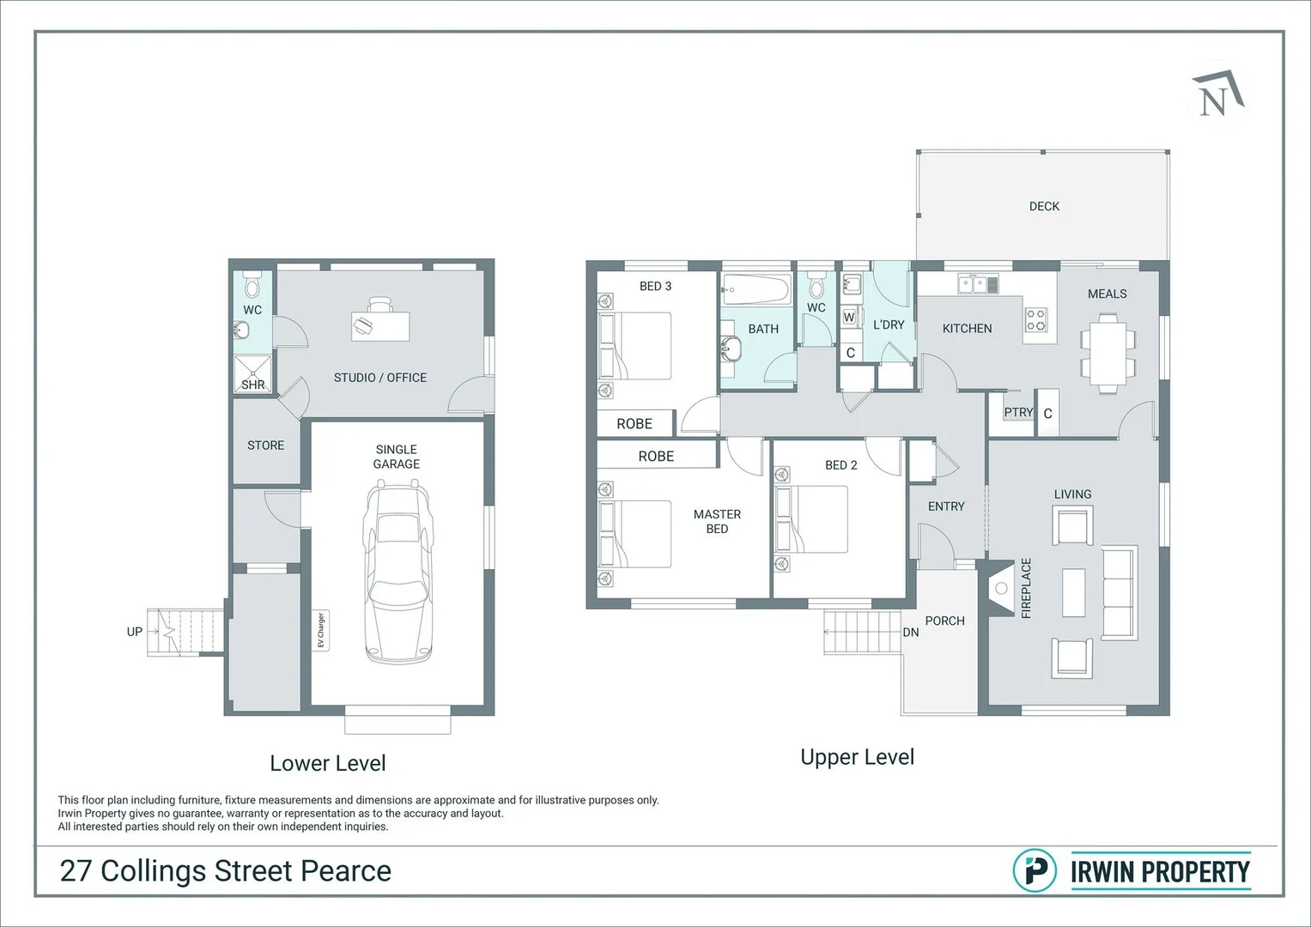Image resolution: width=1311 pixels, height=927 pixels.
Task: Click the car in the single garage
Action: pyautogui.click(x=397, y=571)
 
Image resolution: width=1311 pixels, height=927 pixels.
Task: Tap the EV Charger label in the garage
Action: pyautogui.click(x=321, y=630)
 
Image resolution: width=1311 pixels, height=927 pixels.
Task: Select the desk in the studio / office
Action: pyautogui.click(x=380, y=326)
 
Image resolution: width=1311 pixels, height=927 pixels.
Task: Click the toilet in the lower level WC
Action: pyautogui.click(x=252, y=284)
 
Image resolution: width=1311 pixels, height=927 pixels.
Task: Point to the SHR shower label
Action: pyautogui.click(x=252, y=385)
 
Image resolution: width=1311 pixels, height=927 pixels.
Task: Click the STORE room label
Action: pyautogui.click(x=265, y=445)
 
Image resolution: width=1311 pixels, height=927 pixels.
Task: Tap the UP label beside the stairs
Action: pyautogui.click(x=135, y=632)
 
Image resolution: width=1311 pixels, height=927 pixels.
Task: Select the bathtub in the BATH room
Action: pyautogui.click(x=756, y=290)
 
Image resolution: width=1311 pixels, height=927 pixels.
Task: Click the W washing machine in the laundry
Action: pyautogui.click(x=849, y=318)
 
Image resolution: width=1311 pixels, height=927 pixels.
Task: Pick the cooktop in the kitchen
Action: pyautogui.click(x=1036, y=320)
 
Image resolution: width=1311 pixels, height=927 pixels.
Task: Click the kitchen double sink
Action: pyautogui.click(x=978, y=284)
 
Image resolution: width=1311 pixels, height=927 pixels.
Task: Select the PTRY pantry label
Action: pyautogui.click(x=1018, y=412)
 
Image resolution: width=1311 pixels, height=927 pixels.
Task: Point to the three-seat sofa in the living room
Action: pyautogui.click(x=1120, y=592)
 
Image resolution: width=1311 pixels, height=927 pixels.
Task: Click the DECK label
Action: pyautogui.click(x=1044, y=206)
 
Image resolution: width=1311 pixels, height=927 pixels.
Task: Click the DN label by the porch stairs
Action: pyautogui.click(x=911, y=632)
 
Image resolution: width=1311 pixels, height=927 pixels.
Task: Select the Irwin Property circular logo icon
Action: pyautogui.click(x=1035, y=871)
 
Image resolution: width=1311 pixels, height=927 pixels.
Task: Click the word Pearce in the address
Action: pyautogui.click(x=346, y=871)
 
